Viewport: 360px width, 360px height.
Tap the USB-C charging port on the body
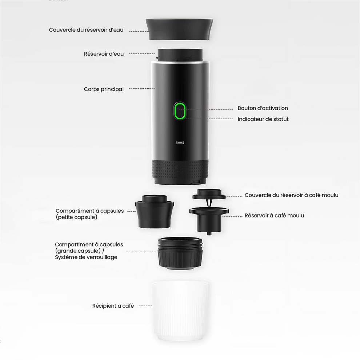point(180,143)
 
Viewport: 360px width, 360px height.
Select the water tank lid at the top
point(179,29)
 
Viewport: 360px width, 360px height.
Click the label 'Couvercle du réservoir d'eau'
point(86,30)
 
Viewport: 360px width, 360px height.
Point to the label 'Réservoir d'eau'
point(104,54)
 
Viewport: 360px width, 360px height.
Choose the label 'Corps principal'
point(104,89)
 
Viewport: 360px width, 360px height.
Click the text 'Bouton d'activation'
point(263,108)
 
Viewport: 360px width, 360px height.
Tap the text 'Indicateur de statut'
point(263,119)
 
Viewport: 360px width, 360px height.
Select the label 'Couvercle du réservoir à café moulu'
point(291,195)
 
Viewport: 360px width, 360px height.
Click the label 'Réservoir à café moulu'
point(274,216)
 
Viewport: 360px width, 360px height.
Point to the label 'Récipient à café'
point(113,306)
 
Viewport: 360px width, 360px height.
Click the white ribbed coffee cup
point(180,311)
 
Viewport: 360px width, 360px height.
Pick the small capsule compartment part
point(155,212)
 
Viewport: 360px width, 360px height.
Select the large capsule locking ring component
point(180,253)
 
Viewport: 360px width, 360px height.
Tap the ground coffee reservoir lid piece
point(209,196)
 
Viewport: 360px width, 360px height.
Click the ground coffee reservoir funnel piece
point(209,220)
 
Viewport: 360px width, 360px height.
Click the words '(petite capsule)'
point(76,217)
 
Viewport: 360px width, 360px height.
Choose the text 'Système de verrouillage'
point(86,257)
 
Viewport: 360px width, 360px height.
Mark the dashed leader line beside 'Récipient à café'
point(145,306)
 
